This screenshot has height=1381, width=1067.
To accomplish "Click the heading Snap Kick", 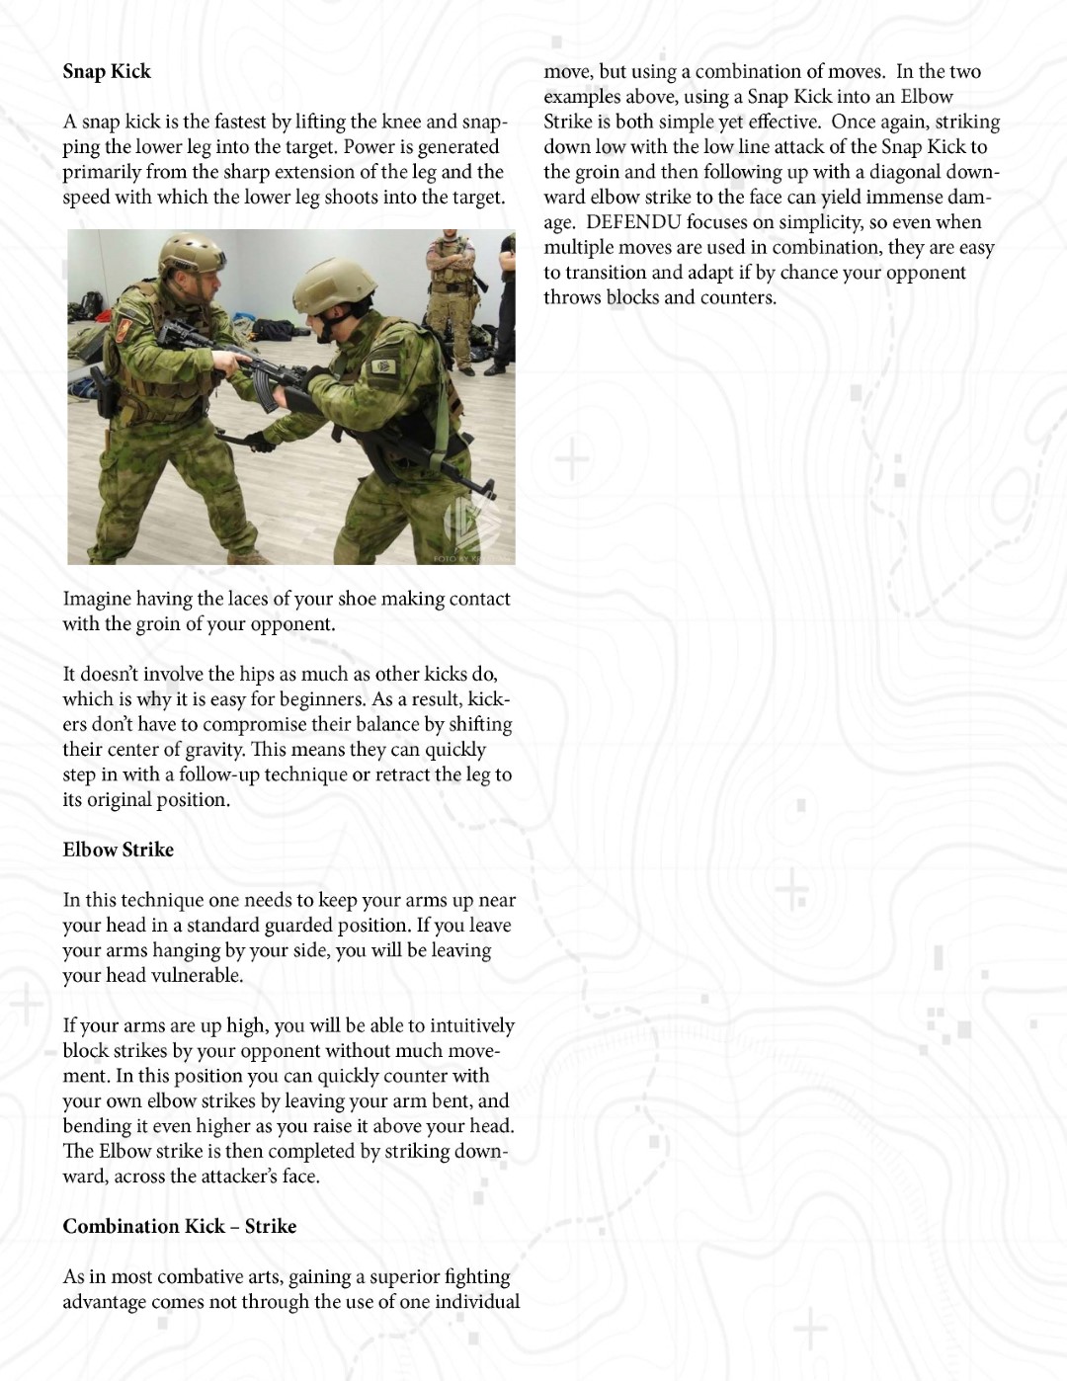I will point(107,71).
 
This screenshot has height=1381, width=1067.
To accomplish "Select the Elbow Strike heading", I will point(118,850).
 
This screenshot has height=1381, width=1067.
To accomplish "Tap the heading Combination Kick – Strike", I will point(179,1226).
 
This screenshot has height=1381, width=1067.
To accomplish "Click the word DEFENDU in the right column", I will point(632,222).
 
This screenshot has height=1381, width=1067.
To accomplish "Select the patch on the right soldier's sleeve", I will point(383,367).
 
